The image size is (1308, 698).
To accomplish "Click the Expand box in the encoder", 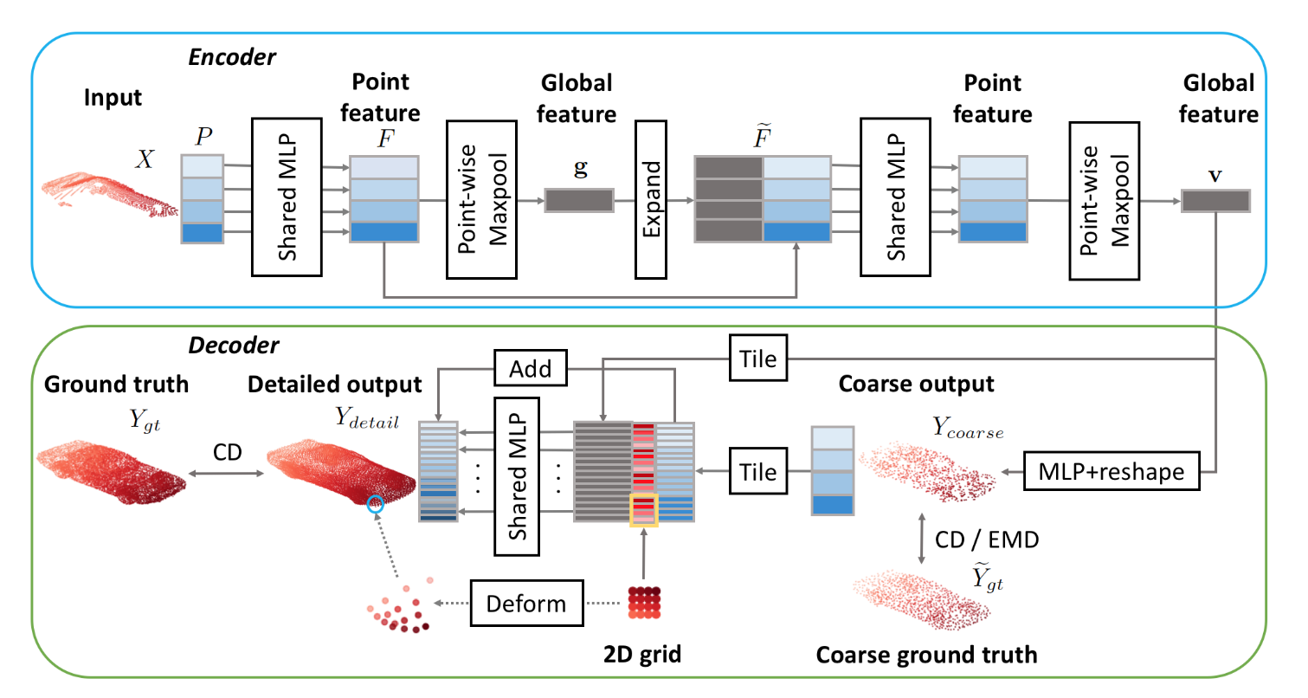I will click(652, 199).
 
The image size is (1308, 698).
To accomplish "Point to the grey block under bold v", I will click(1215, 200).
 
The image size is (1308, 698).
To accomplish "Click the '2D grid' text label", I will click(642, 655).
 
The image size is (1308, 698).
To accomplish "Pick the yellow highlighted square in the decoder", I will click(643, 509).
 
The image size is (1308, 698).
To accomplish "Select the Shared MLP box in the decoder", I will click(517, 475).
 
